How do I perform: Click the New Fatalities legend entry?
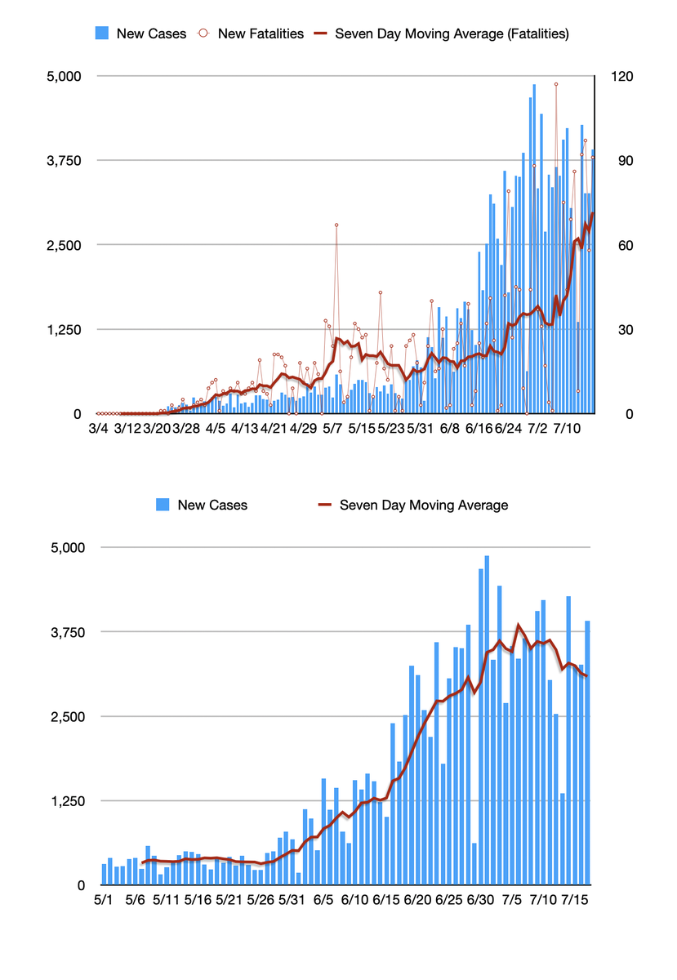(x=261, y=33)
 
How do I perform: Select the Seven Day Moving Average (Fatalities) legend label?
(x=452, y=33)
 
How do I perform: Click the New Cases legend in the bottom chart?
(x=212, y=505)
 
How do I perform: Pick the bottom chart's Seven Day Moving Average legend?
(x=423, y=505)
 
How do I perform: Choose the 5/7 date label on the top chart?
(x=332, y=428)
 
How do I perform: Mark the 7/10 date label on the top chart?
(x=567, y=428)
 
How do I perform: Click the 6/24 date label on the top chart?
(x=508, y=428)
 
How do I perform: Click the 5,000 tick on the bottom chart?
(x=69, y=547)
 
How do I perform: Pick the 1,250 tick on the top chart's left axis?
(x=69, y=330)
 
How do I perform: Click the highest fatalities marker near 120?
(x=556, y=84)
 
